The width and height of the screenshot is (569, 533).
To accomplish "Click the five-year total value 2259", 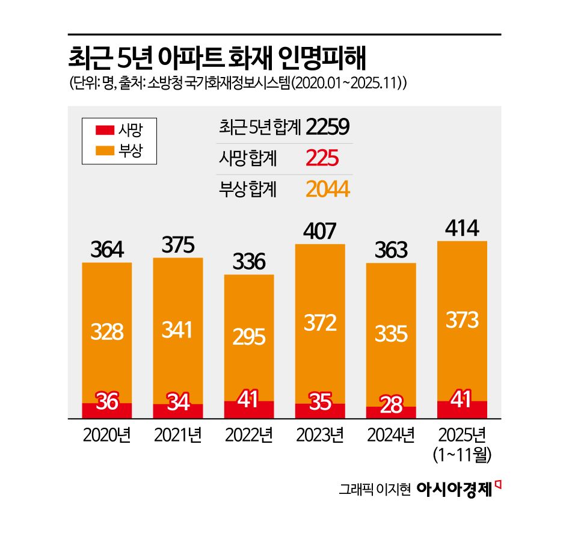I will pyautogui.click(x=327, y=127).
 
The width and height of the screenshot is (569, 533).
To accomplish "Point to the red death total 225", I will pyautogui.click(x=322, y=159).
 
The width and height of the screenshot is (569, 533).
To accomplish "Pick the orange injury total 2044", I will pyautogui.click(x=327, y=190).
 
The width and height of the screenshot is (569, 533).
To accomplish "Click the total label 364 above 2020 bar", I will pyautogui.click(x=106, y=249).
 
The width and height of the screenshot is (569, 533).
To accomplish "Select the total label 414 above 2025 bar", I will pyautogui.click(x=462, y=228).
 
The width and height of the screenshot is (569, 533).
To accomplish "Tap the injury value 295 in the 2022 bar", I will pyautogui.click(x=248, y=337).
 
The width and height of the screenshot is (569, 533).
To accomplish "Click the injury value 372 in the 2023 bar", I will pyautogui.click(x=319, y=324).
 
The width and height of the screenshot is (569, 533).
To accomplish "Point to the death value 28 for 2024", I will pyautogui.click(x=390, y=404).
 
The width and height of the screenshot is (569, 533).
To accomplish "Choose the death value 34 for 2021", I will pyautogui.click(x=177, y=402).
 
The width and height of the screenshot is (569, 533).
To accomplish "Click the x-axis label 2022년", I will pyautogui.click(x=248, y=434).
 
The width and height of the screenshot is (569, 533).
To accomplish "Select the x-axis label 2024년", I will pyautogui.click(x=390, y=434).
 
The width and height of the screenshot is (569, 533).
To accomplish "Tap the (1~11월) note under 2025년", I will pyautogui.click(x=462, y=455).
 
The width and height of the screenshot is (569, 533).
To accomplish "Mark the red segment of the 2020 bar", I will pyautogui.click(x=106, y=411).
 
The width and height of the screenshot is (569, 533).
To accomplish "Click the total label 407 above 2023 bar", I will pyautogui.click(x=319, y=230).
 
